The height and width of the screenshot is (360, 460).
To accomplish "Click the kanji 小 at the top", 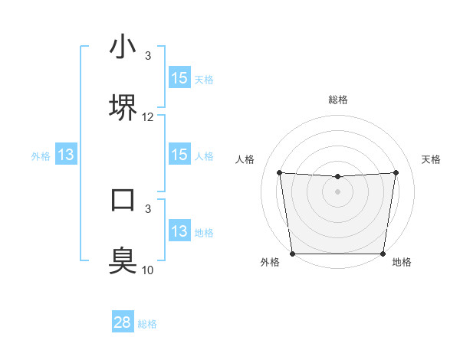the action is click(x=123, y=47).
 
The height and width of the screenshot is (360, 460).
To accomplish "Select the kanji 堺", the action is click(x=123, y=108).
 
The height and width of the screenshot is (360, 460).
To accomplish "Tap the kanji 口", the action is click(x=123, y=199).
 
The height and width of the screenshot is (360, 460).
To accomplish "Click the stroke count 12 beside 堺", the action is click(x=148, y=117).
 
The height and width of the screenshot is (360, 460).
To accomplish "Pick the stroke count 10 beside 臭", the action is click(x=148, y=270).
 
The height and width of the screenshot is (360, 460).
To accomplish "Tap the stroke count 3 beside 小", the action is click(x=148, y=56).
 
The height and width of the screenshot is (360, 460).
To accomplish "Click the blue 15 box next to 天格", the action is click(x=179, y=78).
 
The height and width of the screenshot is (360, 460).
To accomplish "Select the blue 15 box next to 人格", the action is click(x=179, y=155).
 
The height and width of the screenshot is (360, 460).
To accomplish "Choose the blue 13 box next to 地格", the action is click(x=179, y=231).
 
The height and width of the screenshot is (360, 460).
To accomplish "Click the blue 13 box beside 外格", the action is click(x=66, y=155).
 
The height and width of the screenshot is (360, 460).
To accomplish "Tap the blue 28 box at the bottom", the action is click(x=123, y=322).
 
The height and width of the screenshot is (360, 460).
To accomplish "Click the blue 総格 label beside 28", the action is click(x=147, y=324).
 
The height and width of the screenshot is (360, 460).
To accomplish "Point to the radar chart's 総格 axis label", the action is click(x=337, y=100).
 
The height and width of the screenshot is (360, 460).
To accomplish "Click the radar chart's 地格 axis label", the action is click(x=402, y=262).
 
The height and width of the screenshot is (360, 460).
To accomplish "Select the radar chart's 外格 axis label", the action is click(x=270, y=262).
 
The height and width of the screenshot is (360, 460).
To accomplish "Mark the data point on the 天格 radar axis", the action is click(x=396, y=172).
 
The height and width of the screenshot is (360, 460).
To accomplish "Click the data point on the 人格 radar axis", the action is click(x=279, y=172).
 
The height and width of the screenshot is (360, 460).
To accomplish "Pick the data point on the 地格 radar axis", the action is click(x=383, y=254).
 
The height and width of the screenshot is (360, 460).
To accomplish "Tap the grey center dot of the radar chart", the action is click(x=337, y=191).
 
